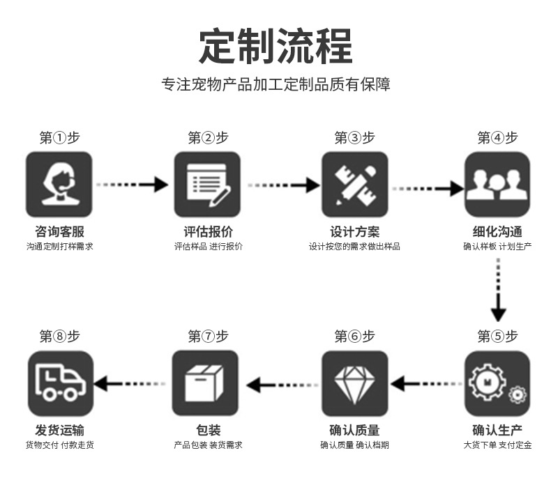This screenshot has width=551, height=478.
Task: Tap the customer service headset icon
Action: pos(59,185)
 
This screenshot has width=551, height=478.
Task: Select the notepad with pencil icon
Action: pos(207,185)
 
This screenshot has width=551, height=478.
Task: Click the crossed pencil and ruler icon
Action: pos(354,185)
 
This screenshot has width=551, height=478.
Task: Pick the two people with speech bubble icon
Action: pos(497,185)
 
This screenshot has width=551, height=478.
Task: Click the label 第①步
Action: pos(59,138)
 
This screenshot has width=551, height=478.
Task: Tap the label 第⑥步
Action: pos(354,337)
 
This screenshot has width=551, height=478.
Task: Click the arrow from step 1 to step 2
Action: pos(133,185)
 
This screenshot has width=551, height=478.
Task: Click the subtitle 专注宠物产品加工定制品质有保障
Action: pos(275,85)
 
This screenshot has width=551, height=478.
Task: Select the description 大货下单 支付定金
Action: pos(497,445)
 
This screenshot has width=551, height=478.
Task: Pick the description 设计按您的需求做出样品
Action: pos(354,247)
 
